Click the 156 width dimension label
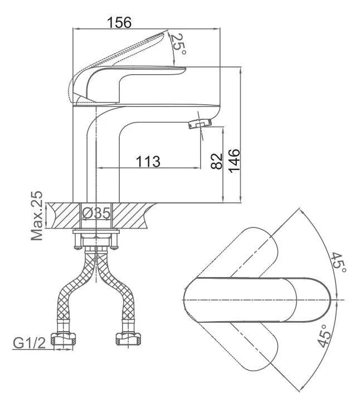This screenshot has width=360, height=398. tap(119, 22)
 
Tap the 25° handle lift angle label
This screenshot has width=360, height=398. tap(178, 44)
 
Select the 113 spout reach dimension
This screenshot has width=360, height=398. tap(148, 161)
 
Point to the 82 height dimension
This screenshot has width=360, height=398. tap(217, 161)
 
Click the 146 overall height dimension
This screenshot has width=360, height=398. tap(235, 161)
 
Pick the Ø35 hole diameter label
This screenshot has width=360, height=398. tap(96, 213)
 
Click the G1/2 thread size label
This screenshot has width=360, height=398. tap(29, 343)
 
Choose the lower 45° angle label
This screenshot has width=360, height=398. tap(324, 336)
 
